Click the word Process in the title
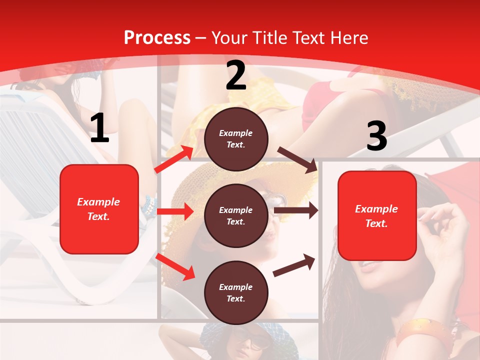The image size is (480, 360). [157, 38]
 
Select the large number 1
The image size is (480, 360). [99, 128]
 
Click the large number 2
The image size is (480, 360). [236, 76]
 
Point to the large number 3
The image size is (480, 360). [376, 136]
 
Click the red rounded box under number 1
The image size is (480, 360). [99, 209]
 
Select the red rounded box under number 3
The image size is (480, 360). [376, 216]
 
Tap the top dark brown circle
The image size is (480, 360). [236, 139]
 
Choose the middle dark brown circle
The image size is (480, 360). [236, 216]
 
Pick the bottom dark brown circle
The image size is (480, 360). [236, 293]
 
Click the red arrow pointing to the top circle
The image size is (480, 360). [173, 159]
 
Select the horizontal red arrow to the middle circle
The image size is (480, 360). [175, 211]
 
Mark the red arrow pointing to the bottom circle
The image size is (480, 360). [175, 267]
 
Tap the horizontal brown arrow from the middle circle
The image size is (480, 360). [296, 210]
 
